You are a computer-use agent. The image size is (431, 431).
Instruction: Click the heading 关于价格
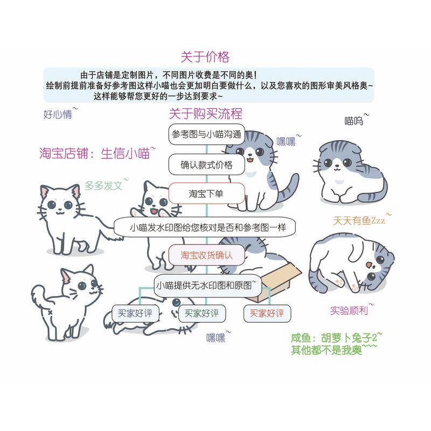click(205, 57)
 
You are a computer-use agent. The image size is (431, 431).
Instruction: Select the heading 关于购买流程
click(205, 114)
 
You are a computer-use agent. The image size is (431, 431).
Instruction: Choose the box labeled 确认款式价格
click(206, 165)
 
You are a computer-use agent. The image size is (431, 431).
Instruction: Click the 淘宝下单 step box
click(206, 193)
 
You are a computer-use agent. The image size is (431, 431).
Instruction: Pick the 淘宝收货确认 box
click(206, 255)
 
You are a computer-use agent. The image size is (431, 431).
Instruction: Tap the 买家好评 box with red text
click(267, 313)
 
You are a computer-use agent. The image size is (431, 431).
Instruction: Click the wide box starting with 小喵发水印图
click(207, 227)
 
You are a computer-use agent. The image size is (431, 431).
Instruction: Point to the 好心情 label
click(58, 114)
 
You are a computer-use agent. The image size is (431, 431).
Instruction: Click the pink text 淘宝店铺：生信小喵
click(94, 153)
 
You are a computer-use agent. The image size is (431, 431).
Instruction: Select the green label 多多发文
click(103, 186)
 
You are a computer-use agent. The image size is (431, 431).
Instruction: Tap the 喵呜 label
click(354, 121)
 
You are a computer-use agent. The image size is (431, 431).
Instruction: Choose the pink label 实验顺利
click(349, 310)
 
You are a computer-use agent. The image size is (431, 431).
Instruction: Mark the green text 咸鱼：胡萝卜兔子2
click(334, 338)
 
